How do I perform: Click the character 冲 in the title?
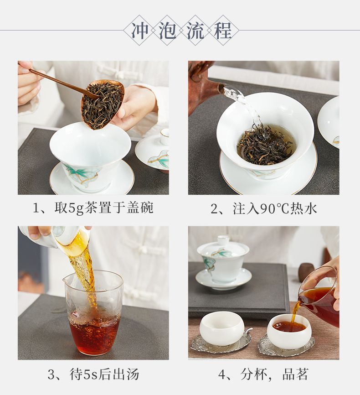point(140,31)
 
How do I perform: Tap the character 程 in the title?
point(222,31)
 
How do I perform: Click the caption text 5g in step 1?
point(76,208)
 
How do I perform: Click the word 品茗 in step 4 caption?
point(295,374)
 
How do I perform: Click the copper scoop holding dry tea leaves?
point(102,104)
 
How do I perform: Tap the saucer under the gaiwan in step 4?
point(222,279)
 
